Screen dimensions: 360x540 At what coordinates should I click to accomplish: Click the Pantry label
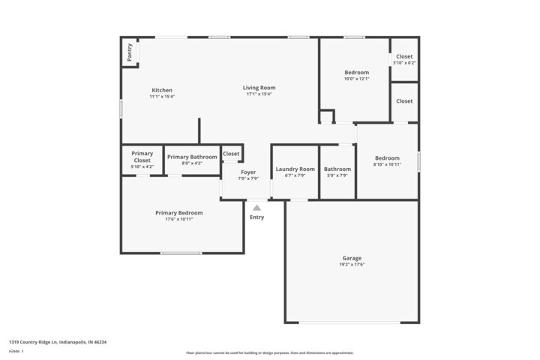[x=130, y=52]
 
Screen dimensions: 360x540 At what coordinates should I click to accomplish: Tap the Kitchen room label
[x=162, y=90]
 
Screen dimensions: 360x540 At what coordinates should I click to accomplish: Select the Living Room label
[x=259, y=88]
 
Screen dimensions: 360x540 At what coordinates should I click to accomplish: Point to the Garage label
[x=352, y=258]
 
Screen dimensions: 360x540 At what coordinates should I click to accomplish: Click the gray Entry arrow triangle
[x=256, y=208]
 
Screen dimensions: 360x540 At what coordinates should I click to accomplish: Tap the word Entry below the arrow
[x=256, y=217]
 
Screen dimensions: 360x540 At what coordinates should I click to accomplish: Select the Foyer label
[x=247, y=172]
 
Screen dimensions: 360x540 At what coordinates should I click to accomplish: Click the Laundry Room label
[x=295, y=169]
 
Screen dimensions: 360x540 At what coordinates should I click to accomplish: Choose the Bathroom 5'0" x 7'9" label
[x=337, y=169]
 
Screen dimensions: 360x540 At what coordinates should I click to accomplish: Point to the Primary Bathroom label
[x=192, y=157]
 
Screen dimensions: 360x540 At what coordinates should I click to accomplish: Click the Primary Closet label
[x=142, y=157]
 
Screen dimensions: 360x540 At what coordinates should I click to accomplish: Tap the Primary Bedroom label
[x=178, y=213]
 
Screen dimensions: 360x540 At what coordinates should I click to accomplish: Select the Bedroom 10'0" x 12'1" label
[x=356, y=72]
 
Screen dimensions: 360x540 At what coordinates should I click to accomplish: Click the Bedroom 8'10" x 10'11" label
[x=387, y=157]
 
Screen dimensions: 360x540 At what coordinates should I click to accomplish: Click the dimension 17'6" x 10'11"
[x=178, y=219]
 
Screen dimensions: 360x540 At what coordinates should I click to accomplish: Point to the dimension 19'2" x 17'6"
[x=352, y=264]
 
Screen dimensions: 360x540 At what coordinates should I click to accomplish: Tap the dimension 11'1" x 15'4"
[x=162, y=96]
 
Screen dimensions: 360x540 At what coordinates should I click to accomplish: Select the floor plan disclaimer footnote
[x=270, y=352]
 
